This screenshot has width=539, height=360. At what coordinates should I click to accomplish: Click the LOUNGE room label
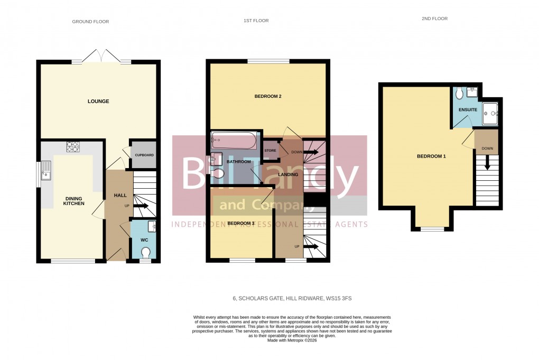click(98, 101)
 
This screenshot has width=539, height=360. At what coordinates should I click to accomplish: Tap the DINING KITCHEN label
click(74, 200)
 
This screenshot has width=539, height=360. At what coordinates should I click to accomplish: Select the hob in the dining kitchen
click(72, 147)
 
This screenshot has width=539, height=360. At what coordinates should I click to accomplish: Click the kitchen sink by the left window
click(45, 170)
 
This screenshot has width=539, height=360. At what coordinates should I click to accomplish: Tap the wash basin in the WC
click(152, 227)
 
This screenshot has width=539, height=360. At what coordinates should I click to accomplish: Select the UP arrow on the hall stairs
click(141, 206)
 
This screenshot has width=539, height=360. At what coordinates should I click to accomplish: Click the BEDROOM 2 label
click(267, 96)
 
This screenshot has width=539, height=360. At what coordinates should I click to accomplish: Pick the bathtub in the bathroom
click(234, 141)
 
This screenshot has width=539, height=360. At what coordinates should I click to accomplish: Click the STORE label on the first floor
click(271, 151)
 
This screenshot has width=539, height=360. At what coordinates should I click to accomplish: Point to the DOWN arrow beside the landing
click(310, 152)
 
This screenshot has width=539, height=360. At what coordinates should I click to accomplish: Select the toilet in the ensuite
click(459, 94)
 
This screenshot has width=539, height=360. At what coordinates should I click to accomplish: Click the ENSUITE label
click(468, 110)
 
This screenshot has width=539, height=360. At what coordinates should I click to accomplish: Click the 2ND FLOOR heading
click(434, 19)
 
